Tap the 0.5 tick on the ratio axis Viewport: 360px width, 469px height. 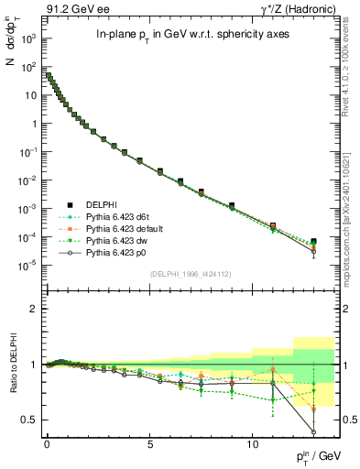[x=31, y=420]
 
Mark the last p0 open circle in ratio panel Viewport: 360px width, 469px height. [x=313, y=432]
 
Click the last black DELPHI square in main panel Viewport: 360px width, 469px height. [x=313, y=242]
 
